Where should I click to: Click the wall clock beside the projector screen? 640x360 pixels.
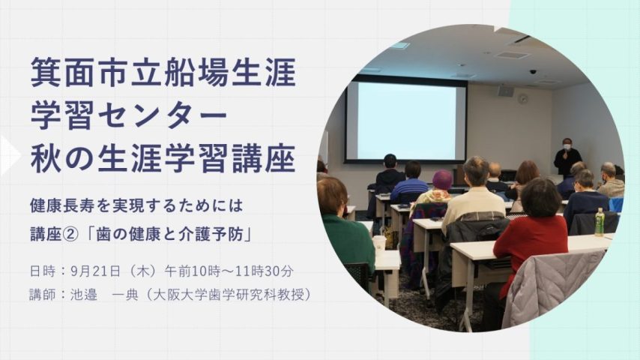[522, 98]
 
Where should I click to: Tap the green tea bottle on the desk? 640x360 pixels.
[600, 222]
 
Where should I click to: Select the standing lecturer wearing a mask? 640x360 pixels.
[567, 157]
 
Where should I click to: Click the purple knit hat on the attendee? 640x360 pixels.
[442, 180]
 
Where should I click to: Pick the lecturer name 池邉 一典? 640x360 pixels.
[104, 295]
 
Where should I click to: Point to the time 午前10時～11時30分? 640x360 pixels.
[229, 271]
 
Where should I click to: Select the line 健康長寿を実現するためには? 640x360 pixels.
[136, 205]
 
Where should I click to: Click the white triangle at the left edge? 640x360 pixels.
[10, 155]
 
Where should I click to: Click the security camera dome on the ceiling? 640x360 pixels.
[533, 71]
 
